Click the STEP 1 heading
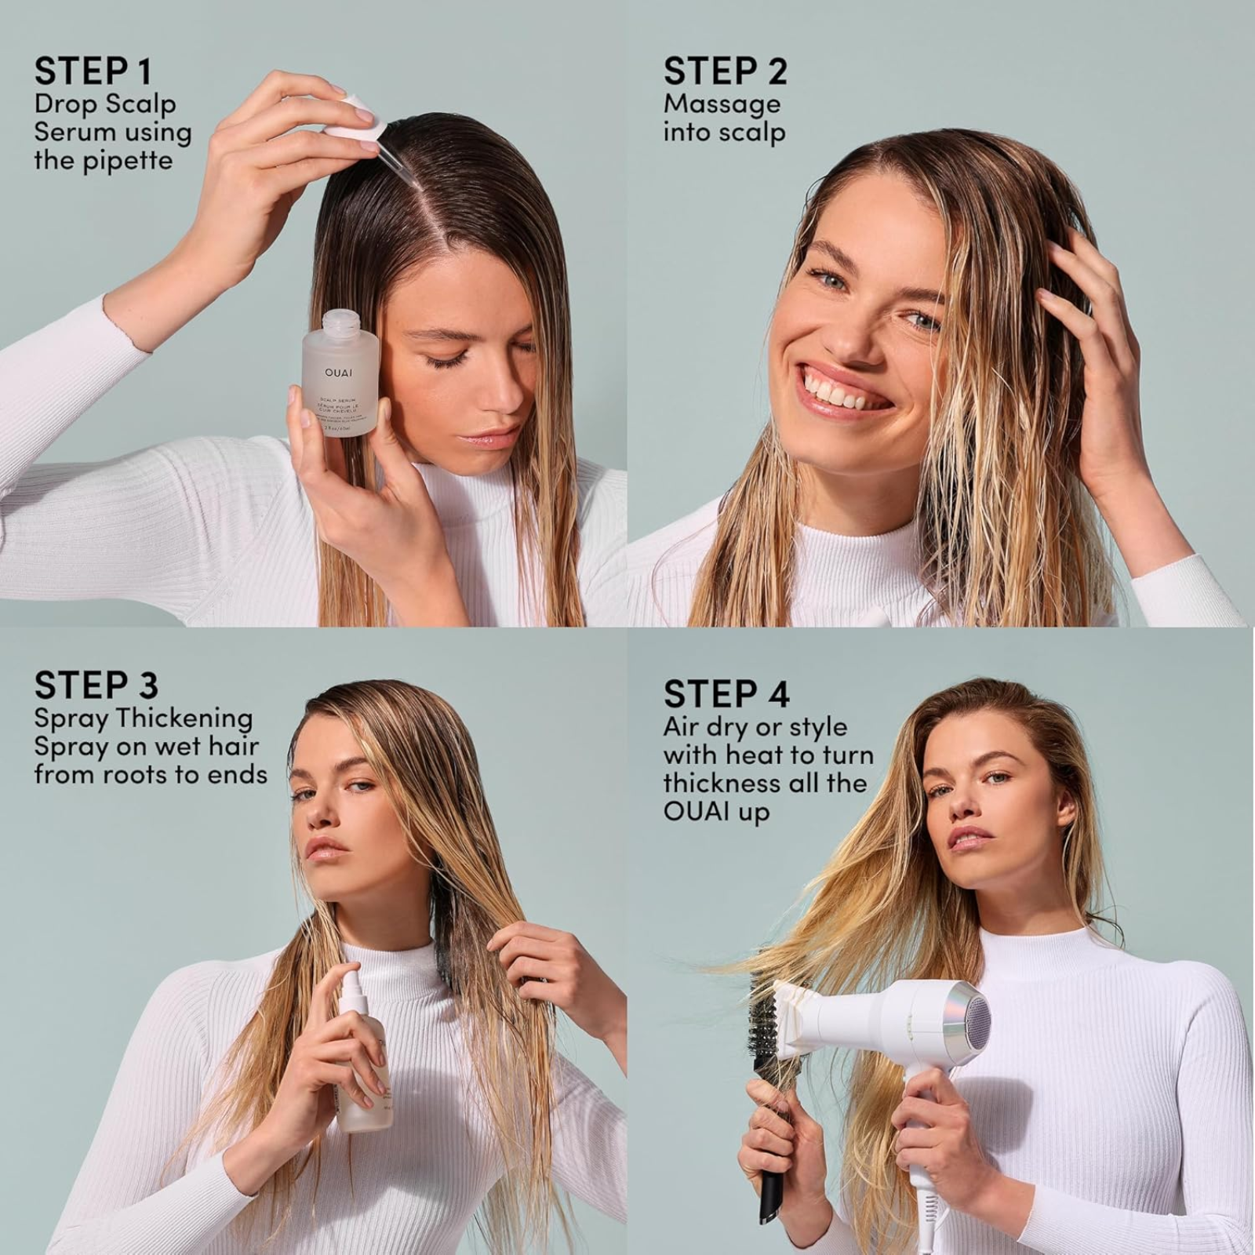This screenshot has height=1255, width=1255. tap(93, 71)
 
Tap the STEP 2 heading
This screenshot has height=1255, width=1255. tap(725, 71)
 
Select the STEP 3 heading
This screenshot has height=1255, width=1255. tap(96, 686)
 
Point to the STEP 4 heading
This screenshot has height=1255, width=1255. tap(726, 693)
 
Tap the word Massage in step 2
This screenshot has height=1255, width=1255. tap(722, 104)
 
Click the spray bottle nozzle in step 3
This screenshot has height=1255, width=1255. tap(350, 979)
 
